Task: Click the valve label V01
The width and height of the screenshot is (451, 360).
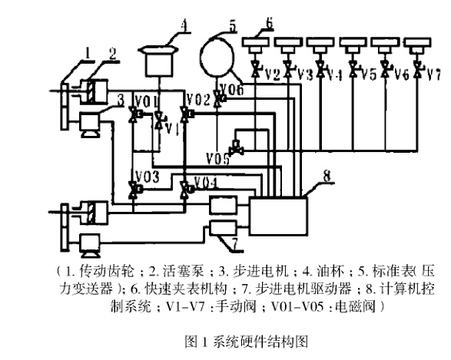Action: pyautogui.click(x=147, y=101)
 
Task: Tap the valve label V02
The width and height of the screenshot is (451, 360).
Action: pyautogui.click(x=198, y=100)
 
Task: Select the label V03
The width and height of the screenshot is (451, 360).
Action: pyautogui.click(x=148, y=177)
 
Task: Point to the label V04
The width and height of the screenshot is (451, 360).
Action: pyautogui.click(x=205, y=182)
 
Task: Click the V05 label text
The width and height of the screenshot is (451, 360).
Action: pyautogui.click(x=217, y=158)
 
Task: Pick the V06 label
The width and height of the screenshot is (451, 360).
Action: pyautogui.click(x=232, y=89)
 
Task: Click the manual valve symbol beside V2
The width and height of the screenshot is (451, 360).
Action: pyautogui.click(x=255, y=69)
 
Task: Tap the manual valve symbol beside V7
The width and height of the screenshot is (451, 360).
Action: pyautogui.click(x=416, y=69)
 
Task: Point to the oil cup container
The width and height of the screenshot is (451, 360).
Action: pyautogui.click(x=159, y=61)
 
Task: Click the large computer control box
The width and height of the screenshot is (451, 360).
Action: pyautogui.click(x=278, y=216)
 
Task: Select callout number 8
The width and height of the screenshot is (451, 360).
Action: pyautogui.click(x=327, y=176)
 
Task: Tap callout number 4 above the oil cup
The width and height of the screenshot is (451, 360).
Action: pyautogui.click(x=184, y=25)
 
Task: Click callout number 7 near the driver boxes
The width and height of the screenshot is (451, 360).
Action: pyautogui.click(x=234, y=245)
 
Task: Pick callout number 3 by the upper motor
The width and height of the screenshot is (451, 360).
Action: pyautogui.click(x=121, y=101)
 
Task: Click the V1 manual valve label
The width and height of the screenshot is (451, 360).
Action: pyautogui.click(x=173, y=129)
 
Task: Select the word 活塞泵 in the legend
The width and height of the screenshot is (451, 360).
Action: pyautogui.click(x=183, y=271)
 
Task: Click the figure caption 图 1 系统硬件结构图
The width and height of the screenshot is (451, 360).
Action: pyautogui.click(x=246, y=342)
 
